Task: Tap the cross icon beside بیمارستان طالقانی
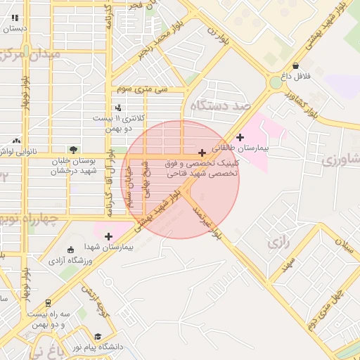tap(241, 137)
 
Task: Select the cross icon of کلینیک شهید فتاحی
tap(202, 153)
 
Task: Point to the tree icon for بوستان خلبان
tap(72, 149)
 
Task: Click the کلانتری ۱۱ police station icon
tap(118, 108)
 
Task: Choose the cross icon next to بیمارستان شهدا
tap(108, 236)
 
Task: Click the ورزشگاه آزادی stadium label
tap(70, 261)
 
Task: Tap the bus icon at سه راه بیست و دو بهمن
tap(47, 303)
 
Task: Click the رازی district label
tap(278, 245)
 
